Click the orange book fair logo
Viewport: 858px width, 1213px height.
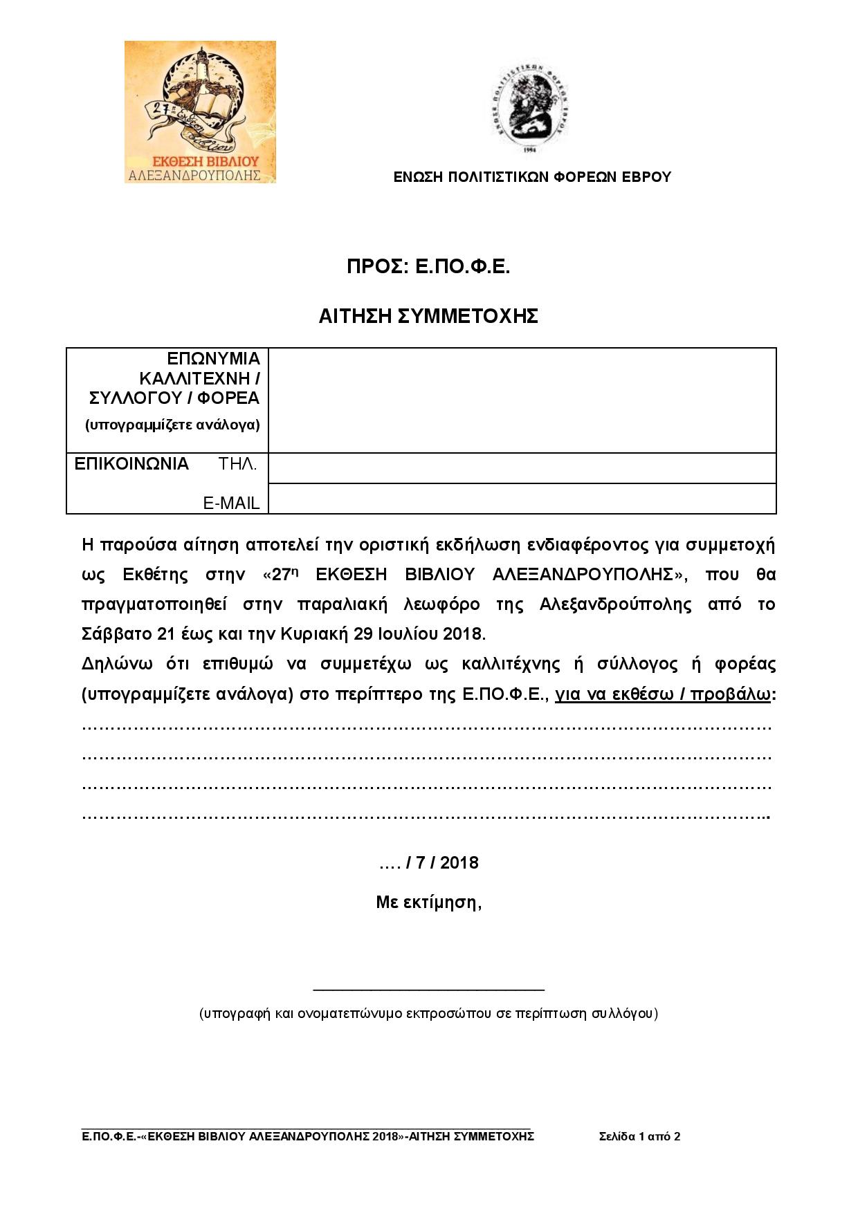pyautogui.click(x=200, y=112)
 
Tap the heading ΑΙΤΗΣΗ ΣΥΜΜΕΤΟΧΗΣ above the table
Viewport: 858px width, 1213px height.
pyautogui.click(x=428, y=316)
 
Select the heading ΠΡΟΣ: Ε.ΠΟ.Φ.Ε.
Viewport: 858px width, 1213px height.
pyautogui.click(x=428, y=267)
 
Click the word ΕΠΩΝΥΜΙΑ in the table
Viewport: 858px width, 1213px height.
pyautogui.click(x=214, y=359)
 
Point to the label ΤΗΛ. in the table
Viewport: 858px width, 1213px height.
pyautogui.click(x=238, y=464)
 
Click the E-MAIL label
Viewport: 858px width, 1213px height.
pyautogui.click(x=231, y=503)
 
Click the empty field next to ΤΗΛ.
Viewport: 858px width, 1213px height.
pyautogui.click(x=522, y=468)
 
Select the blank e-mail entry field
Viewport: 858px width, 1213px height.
pyautogui.click(x=522, y=499)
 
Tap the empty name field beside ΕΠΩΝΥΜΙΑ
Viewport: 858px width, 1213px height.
pyautogui.click(x=522, y=400)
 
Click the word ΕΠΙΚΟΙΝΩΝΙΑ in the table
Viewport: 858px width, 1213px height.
pyautogui.click(x=131, y=464)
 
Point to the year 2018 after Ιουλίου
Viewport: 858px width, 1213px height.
pyautogui.click(x=464, y=633)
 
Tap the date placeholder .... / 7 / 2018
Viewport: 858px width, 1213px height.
pyautogui.click(x=428, y=862)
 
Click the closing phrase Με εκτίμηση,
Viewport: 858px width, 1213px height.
pyautogui.click(x=428, y=902)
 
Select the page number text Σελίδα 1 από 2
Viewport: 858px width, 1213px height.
pyautogui.click(x=639, y=1136)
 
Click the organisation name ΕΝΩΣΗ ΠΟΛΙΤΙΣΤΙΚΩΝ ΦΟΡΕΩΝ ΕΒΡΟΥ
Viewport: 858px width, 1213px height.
pyautogui.click(x=532, y=177)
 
